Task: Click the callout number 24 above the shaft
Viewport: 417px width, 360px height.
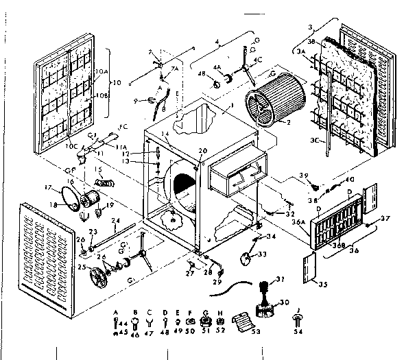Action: click(116, 220)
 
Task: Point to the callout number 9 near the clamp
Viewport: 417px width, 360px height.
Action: click(136, 101)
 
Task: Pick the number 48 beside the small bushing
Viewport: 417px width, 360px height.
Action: click(202, 73)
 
